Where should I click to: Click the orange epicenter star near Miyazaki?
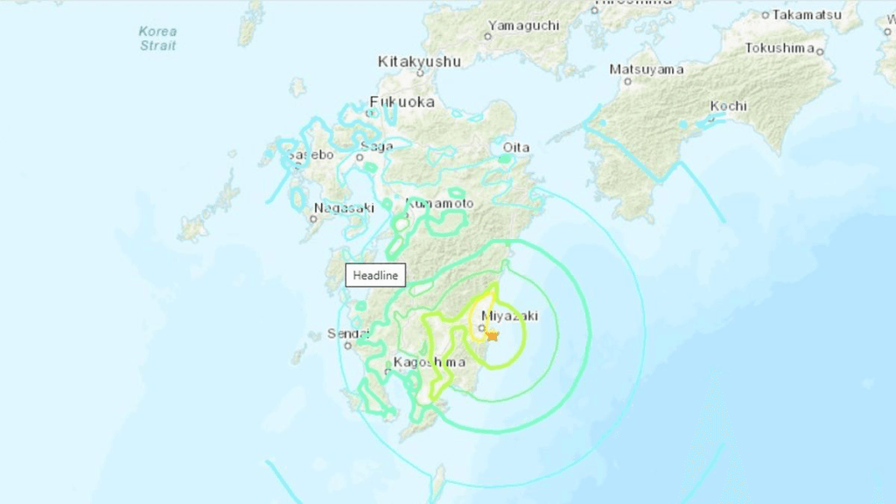pos(492,336)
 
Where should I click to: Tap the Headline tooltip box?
pos(375,276)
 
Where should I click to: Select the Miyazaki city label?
pos(509,315)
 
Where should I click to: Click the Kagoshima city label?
pos(429,361)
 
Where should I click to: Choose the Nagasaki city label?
pos(343,207)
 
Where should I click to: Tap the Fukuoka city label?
pos(402,101)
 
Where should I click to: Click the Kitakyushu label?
pos(419,61)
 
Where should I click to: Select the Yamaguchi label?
pos(523,24)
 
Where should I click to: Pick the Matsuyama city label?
pos(646,69)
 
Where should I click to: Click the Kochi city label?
pos(728,106)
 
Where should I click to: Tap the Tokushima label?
pos(780,48)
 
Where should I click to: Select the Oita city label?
pos(515,147)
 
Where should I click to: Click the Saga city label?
pos(376,146)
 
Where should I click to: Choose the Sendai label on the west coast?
pos(343,333)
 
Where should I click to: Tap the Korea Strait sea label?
pos(157,38)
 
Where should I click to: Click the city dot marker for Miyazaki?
pos(481,327)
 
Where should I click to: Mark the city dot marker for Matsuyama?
pos(627,81)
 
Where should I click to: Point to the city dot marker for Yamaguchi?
pos(488,37)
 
